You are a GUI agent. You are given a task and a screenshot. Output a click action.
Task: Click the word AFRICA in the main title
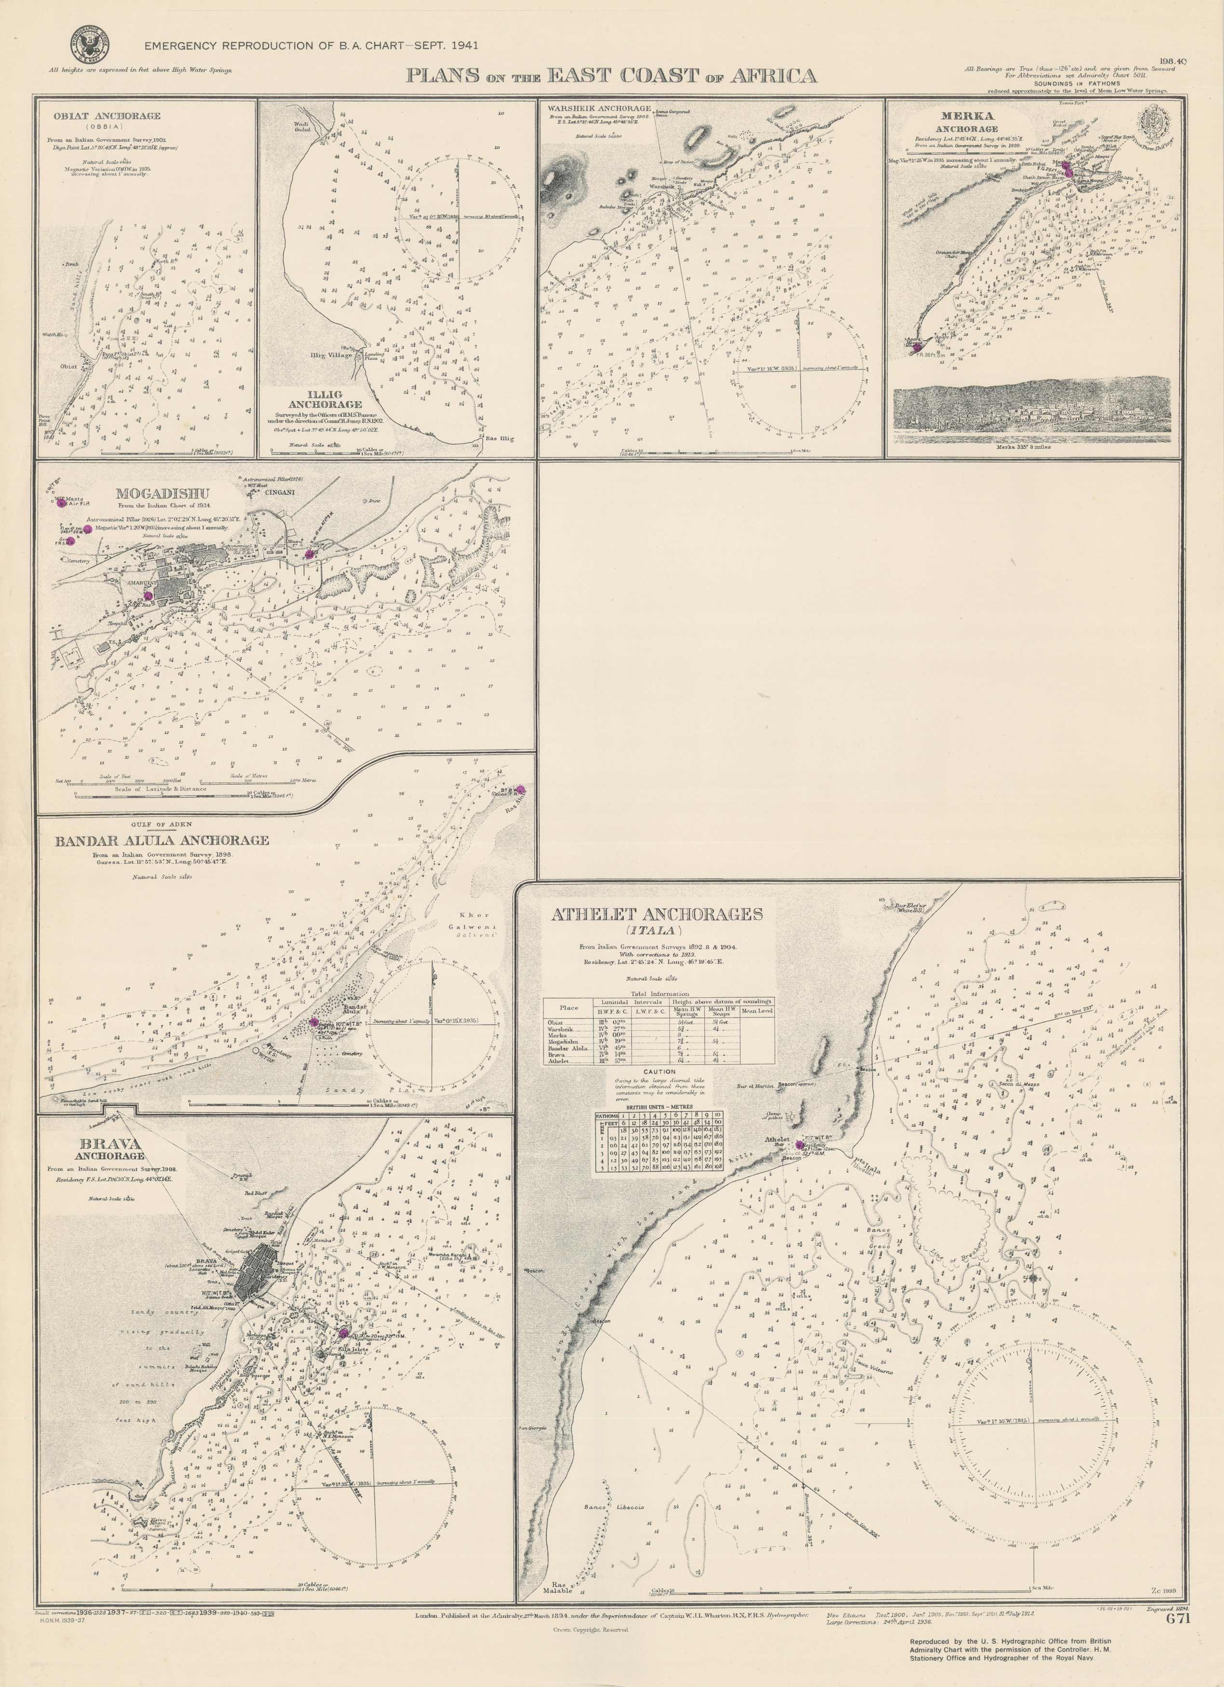779,76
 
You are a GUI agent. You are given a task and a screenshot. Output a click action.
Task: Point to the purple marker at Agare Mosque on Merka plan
917,347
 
